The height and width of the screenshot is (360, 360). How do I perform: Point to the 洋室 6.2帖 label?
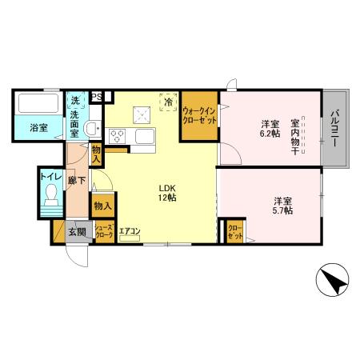click(x=270, y=129)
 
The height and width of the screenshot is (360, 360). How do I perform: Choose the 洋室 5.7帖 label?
click(x=282, y=204)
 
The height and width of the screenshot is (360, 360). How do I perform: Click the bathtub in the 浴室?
click(x=37, y=105)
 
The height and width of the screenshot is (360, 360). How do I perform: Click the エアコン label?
click(x=130, y=232)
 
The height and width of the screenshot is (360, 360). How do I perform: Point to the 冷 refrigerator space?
click(x=169, y=102)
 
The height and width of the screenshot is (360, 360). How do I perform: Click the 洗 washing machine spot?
click(x=75, y=101)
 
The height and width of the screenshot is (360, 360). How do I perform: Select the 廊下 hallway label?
click(x=74, y=182)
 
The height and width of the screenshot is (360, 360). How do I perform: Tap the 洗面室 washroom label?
click(x=74, y=122)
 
